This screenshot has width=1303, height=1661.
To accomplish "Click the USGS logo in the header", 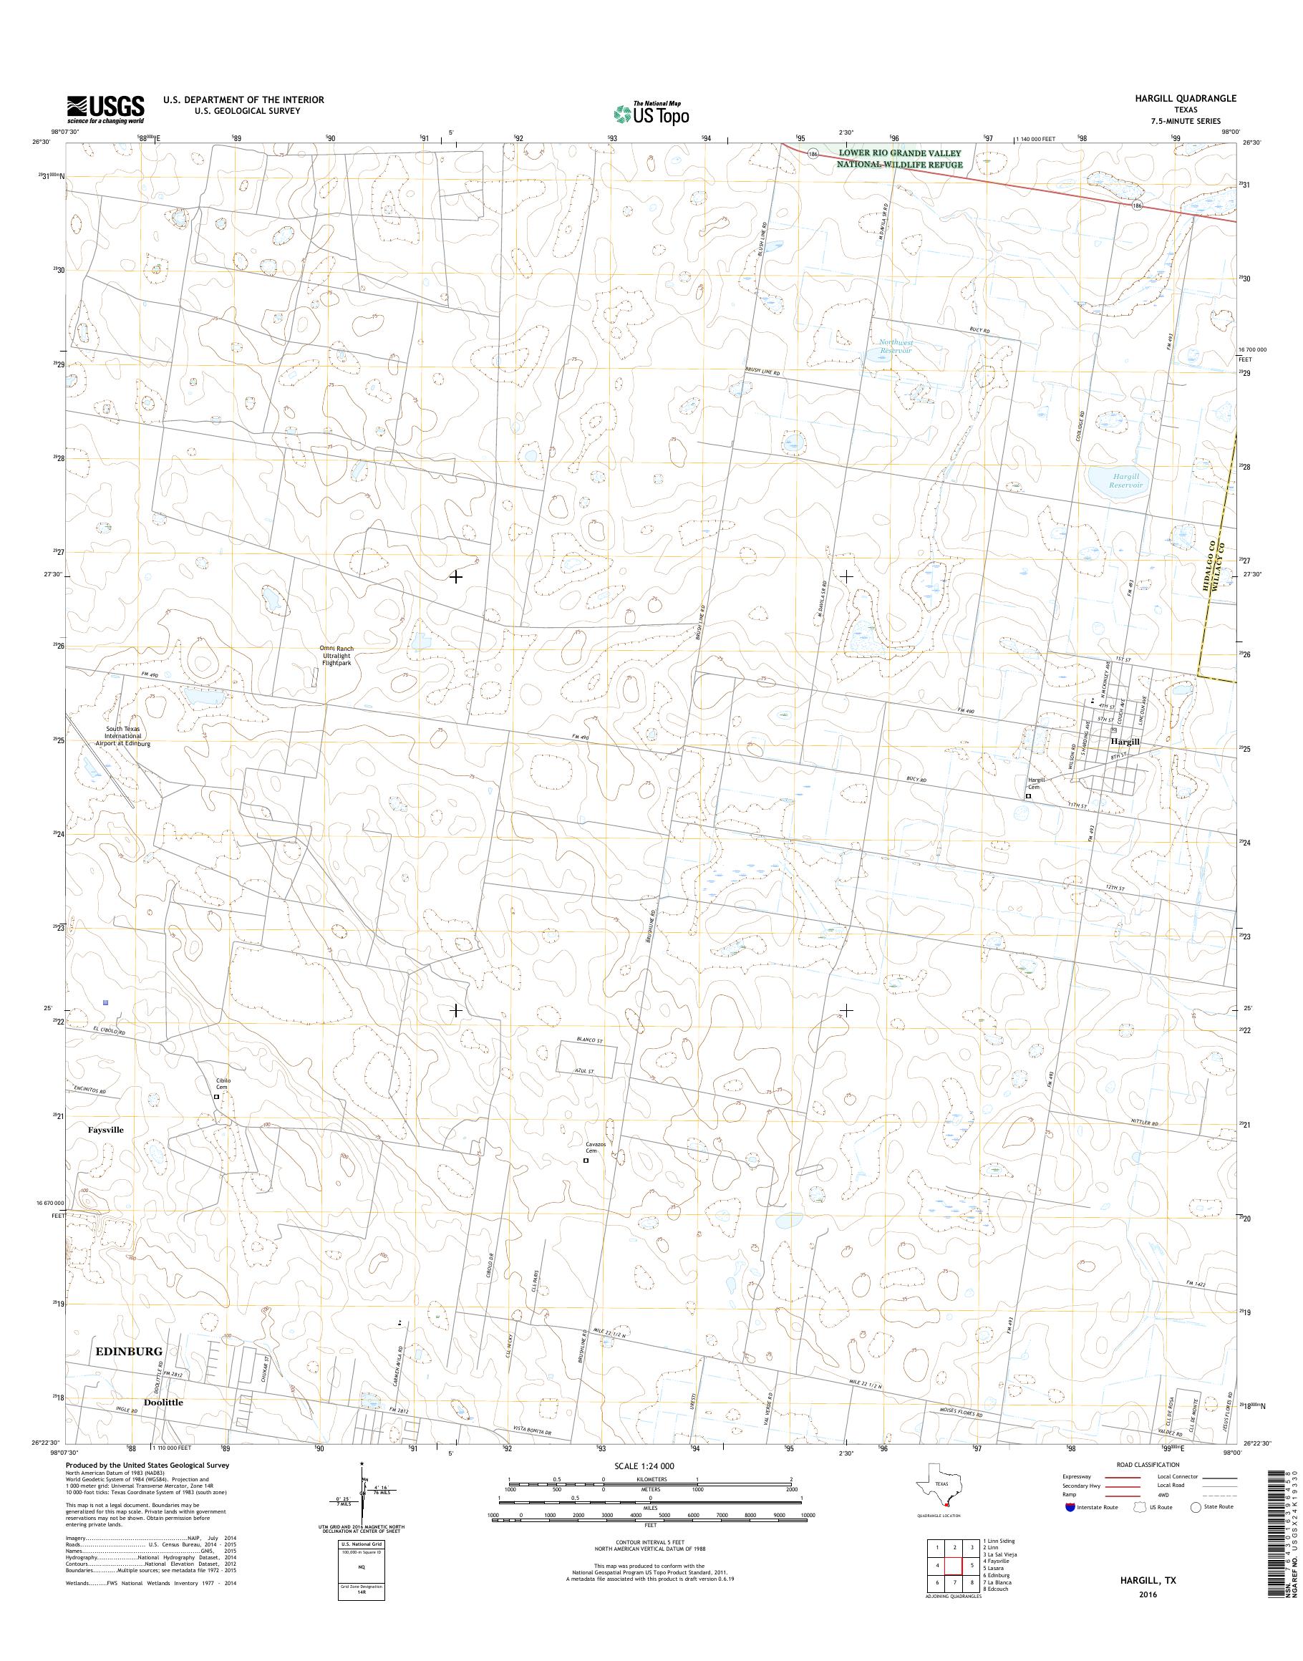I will (105, 109).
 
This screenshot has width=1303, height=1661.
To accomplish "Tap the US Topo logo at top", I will (651, 113).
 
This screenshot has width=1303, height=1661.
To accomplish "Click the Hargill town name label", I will (1125, 741).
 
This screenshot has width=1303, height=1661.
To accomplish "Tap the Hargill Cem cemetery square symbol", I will (1028, 796).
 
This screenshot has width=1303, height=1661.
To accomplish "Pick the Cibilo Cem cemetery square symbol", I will (216, 1096).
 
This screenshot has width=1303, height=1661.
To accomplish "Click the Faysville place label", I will (105, 1130).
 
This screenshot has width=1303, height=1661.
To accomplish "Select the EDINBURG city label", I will (129, 1351).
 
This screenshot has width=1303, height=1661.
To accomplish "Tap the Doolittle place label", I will (163, 1403).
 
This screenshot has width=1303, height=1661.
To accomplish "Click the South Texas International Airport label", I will (124, 736).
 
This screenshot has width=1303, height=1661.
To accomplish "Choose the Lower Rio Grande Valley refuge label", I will (899, 159).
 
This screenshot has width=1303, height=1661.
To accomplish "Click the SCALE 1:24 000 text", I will (644, 1466).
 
